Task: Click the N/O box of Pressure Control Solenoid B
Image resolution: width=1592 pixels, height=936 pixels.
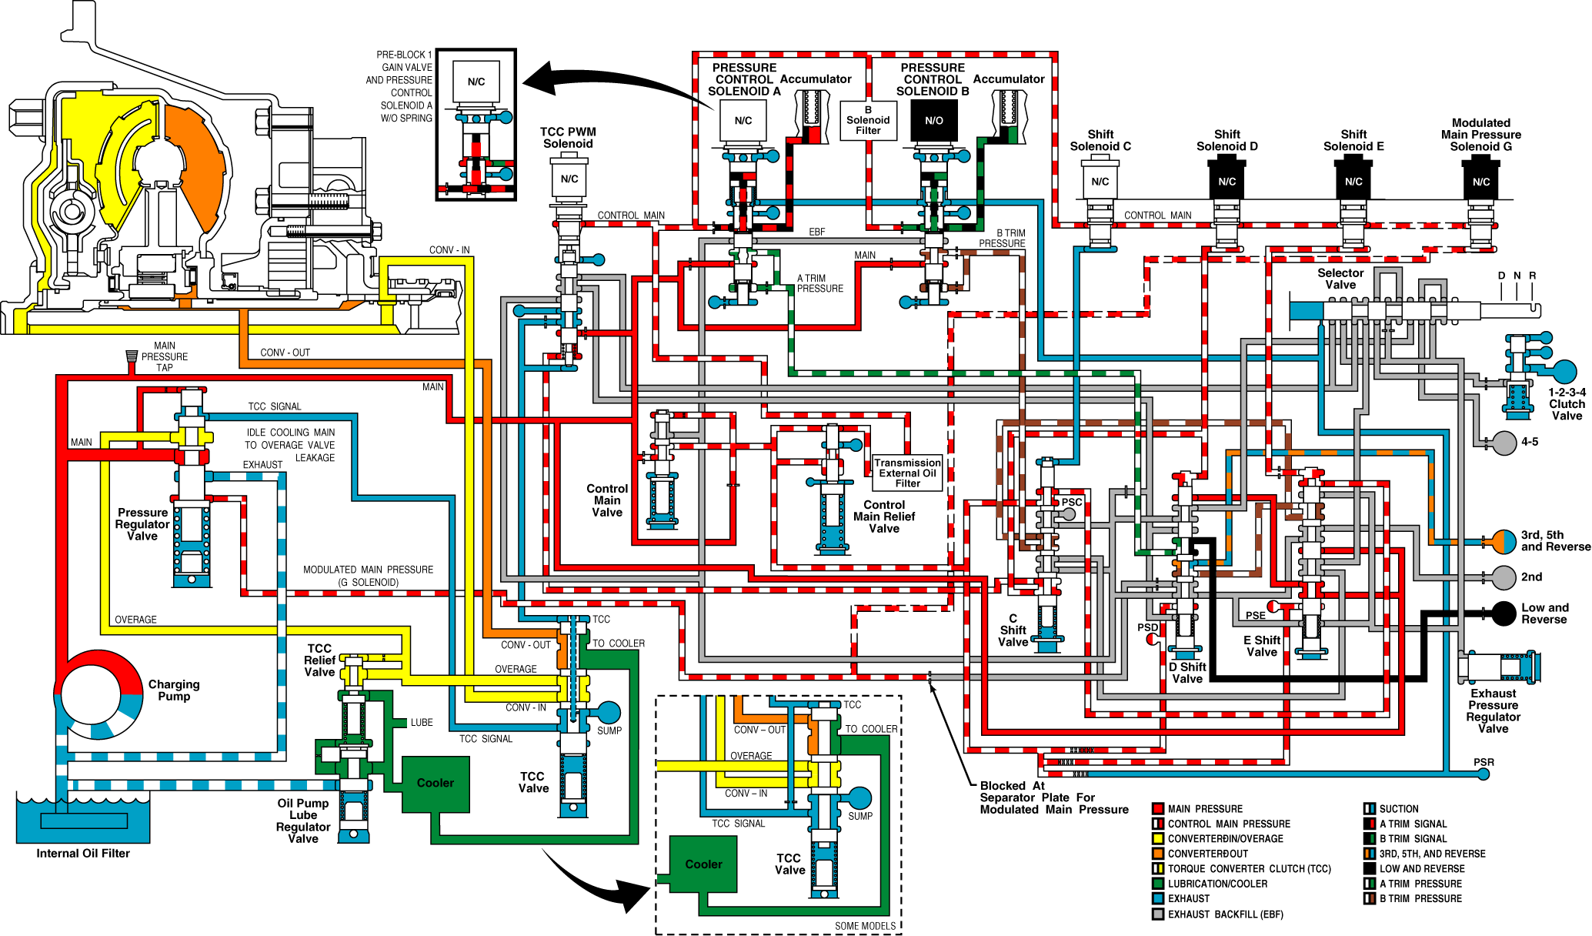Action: click(x=933, y=121)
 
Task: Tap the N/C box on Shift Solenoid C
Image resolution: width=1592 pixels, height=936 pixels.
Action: click(x=1100, y=182)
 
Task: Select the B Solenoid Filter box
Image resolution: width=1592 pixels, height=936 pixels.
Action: click(x=868, y=121)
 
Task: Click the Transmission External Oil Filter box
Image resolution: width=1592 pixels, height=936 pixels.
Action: click(x=907, y=473)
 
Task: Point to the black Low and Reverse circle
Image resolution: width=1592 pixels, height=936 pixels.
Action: click(x=1504, y=613)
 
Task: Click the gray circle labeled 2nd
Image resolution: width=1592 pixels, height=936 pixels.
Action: click(x=1504, y=577)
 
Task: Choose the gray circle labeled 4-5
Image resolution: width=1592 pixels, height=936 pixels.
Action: click(x=1504, y=443)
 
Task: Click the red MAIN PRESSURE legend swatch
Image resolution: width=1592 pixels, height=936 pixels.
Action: click(x=1157, y=809)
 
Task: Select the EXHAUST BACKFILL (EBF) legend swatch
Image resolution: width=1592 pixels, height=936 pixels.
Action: click(x=1157, y=914)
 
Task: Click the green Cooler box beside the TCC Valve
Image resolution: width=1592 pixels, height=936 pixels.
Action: click(x=436, y=784)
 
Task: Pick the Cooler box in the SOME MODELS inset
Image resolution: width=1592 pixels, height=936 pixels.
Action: click(x=703, y=864)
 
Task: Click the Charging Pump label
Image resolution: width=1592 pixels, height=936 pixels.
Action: click(x=174, y=690)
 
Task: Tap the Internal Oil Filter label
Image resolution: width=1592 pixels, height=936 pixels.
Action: click(x=83, y=853)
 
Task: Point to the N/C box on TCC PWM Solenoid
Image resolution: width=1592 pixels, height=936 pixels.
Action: click(x=569, y=179)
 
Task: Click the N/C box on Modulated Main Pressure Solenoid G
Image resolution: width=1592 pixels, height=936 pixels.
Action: click(x=1481, y=182)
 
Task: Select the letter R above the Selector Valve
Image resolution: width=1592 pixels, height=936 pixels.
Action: click(x=1533, y=276)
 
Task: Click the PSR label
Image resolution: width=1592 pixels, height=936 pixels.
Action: click(x=1484, y=762)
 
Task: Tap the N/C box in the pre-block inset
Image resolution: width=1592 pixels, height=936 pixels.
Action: click(x=476, y=82)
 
